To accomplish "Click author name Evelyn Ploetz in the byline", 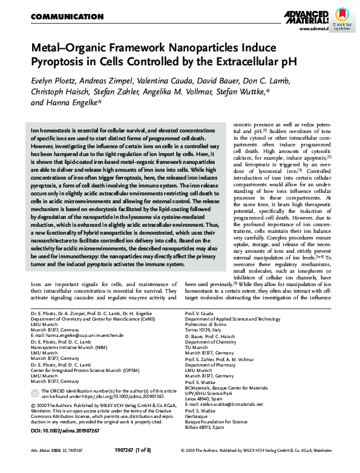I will [55, 81].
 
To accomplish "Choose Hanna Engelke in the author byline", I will [76, 103].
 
